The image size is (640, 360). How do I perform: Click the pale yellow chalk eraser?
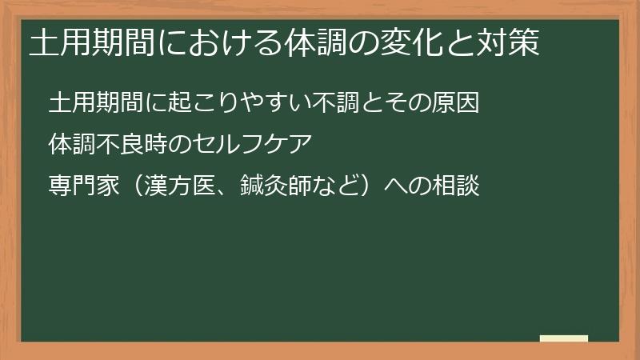564,338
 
